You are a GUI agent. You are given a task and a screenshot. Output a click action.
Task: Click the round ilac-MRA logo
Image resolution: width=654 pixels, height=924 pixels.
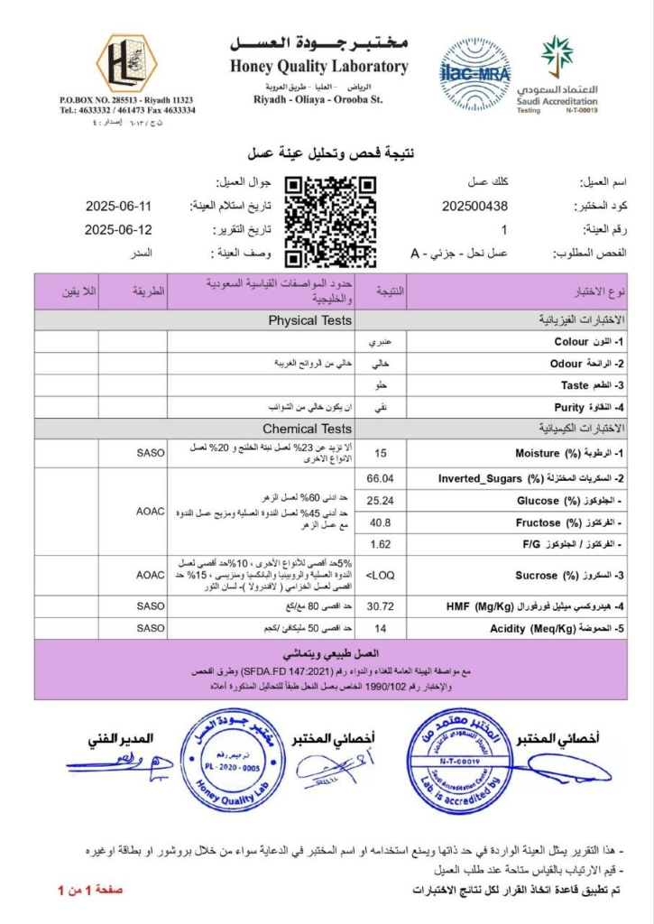(475, 68)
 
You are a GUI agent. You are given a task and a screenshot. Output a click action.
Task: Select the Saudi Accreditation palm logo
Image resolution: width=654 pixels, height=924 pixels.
(557, 56)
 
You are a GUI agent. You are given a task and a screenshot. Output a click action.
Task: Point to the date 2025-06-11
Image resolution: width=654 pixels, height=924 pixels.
(119, 206)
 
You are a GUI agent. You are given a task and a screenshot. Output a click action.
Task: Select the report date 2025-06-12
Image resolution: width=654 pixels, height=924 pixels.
(119, 229)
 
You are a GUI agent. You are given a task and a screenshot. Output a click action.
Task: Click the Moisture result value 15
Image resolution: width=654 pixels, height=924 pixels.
(381, 453)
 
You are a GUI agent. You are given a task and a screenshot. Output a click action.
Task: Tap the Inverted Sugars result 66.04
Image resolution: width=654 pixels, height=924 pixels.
(381, 477)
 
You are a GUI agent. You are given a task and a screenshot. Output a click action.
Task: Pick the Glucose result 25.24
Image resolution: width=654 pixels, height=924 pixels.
(381, 500)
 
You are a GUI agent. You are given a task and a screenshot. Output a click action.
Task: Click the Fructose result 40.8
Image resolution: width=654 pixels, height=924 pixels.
(381, 522)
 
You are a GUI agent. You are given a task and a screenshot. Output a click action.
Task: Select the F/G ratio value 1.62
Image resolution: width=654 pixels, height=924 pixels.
(381, 544)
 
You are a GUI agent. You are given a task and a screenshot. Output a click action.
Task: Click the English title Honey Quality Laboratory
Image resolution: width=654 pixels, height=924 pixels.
(318, 67)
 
